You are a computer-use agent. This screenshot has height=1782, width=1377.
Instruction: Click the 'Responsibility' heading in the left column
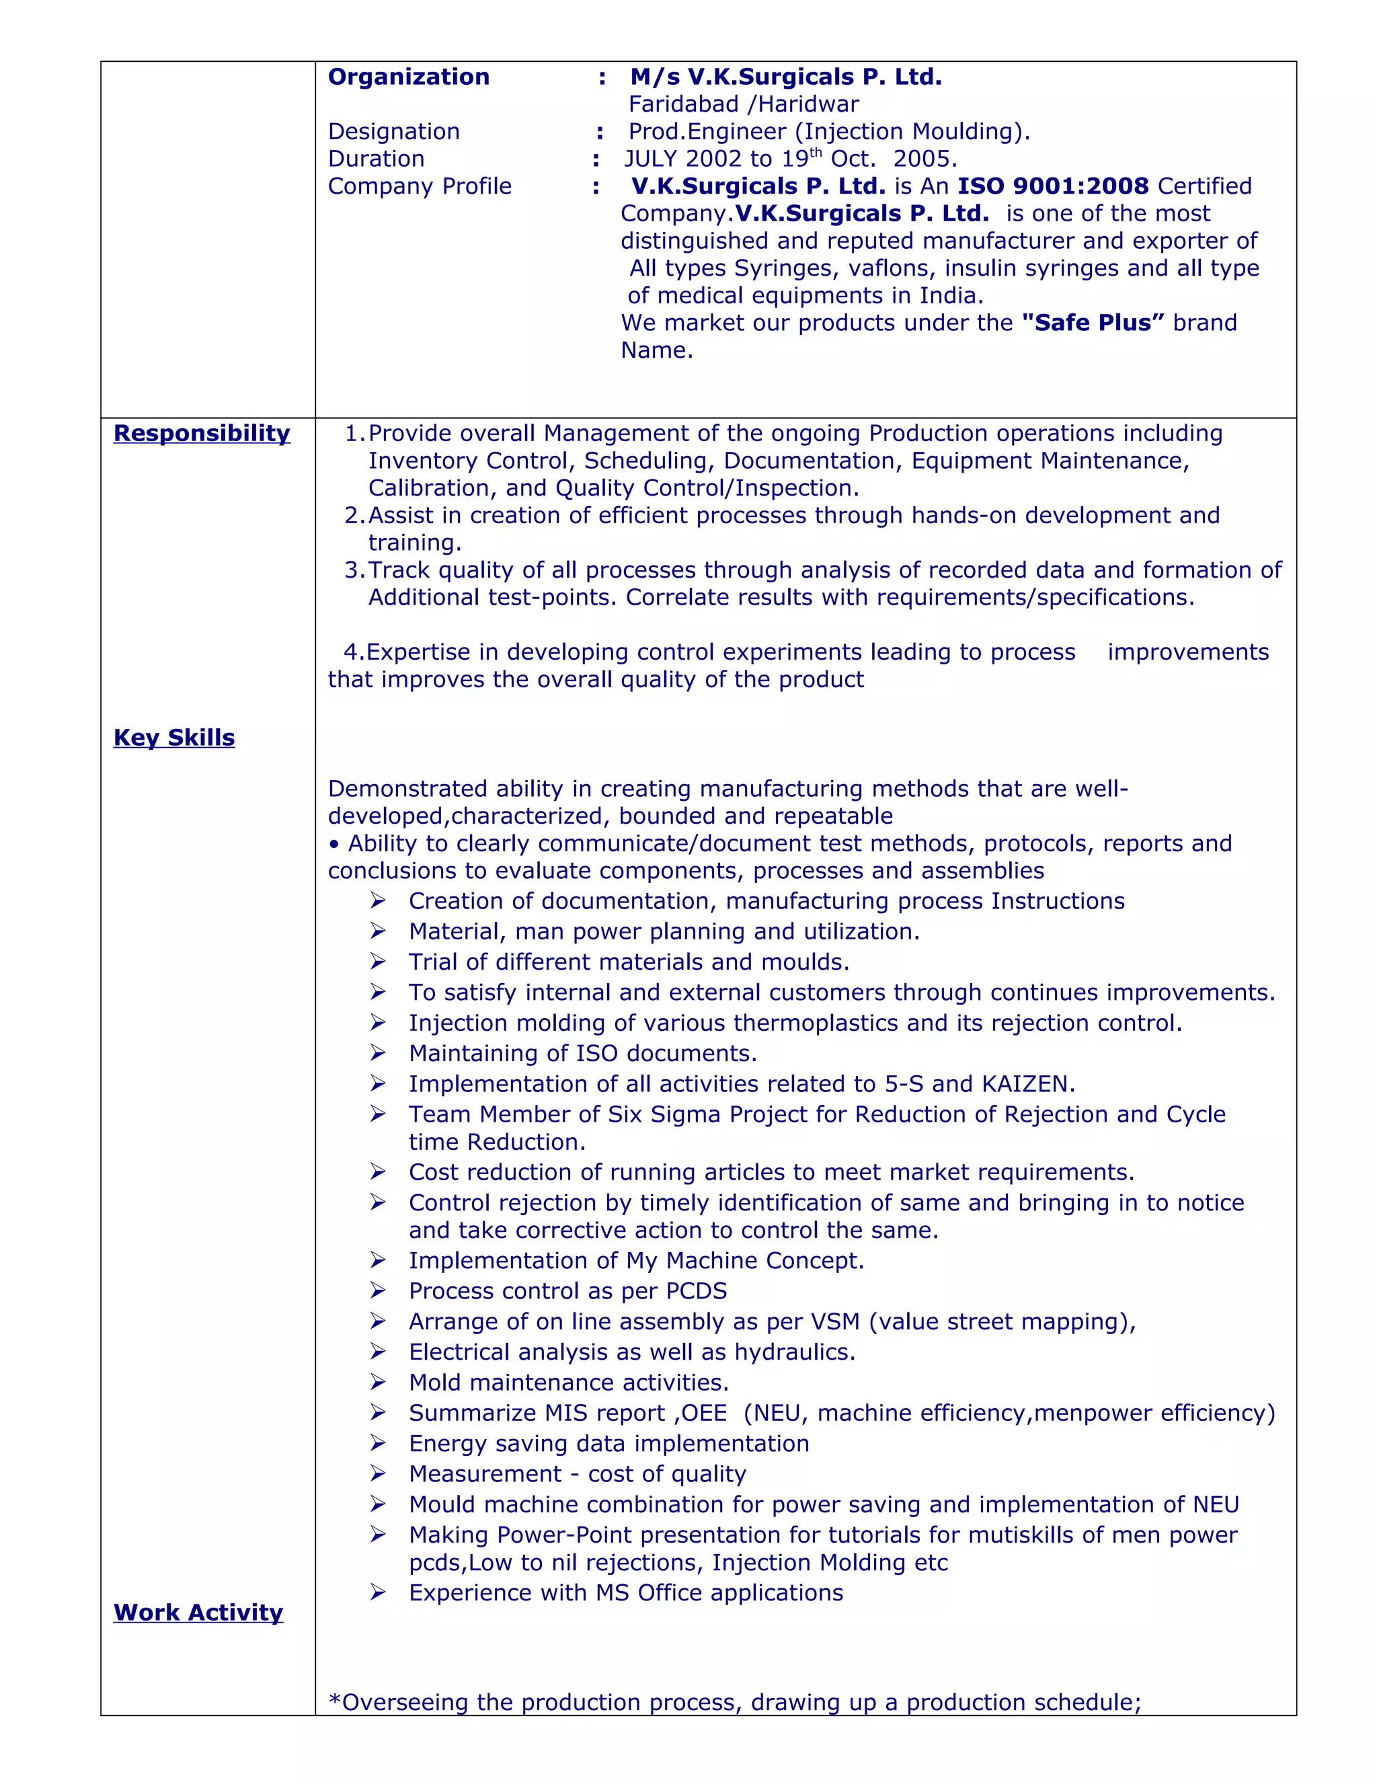(x=202, y=433)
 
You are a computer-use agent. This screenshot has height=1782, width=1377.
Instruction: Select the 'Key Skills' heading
(x=173, y=738)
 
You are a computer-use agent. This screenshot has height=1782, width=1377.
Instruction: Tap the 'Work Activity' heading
(x=198, y=1613)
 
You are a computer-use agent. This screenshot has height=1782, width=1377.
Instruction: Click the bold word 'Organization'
(x=409, y=77)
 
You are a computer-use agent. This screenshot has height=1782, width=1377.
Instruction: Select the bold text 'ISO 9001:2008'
(x=1053, y=186)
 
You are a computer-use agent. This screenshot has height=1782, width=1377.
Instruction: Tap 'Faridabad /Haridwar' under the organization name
(x=743, y=104)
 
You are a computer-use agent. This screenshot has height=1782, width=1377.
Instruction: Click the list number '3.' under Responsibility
(x=355, y=570)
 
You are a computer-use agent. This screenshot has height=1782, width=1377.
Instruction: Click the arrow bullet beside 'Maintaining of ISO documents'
(x=378, y=1053)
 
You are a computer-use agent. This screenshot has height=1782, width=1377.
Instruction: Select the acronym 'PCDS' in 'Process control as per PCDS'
(x=696, y=1292)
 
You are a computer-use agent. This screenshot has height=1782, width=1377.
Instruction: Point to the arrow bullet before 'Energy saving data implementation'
(x=378, y=1443)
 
